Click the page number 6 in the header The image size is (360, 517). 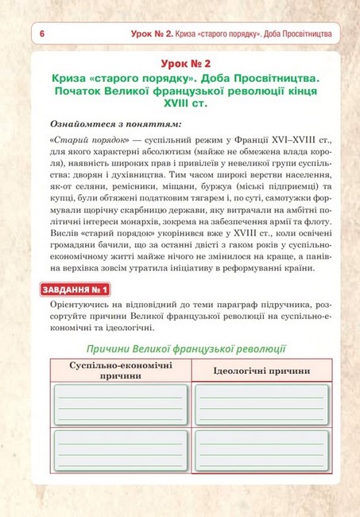(41, 34)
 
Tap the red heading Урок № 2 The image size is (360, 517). (180, 64)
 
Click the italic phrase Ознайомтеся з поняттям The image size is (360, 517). (115, 124)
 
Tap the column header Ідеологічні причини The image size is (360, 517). (261, 371)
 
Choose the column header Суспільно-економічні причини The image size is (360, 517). (120, 369)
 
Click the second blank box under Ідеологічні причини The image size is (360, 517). (261, 450)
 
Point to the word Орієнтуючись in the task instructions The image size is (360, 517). (83, 305)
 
